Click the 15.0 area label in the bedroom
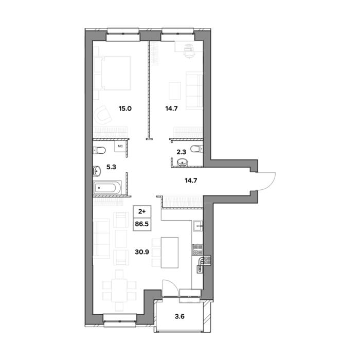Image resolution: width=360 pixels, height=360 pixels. tap(125, 109)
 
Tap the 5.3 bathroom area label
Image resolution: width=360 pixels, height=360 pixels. tap(111, 167)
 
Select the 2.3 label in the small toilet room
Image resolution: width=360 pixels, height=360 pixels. tap(182, 152)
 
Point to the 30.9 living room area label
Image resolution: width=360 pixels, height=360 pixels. tap(142, 252)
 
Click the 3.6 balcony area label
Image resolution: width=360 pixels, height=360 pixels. tap(179, 317)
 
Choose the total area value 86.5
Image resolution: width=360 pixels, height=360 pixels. tap(142, 224)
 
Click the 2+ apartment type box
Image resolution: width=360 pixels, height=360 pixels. tap(142, 211)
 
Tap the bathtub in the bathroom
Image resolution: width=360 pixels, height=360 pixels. tap(107, 188)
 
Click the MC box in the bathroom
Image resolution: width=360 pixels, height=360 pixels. tap(120, 146)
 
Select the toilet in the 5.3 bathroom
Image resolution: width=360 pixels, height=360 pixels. tap(99, 151)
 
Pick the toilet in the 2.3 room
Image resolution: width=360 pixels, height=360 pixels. tap(197, 149)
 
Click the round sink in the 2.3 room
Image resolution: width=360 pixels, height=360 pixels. tap(183, 162)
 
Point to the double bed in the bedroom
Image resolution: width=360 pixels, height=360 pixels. tap(113, 73)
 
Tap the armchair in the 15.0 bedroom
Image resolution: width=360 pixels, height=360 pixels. tap(103, 114)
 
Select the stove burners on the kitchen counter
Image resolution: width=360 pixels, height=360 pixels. tap(197, 250)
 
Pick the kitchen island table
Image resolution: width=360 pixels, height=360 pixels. tap(170, 253)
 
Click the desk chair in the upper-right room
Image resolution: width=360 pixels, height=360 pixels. tap(189, 51)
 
